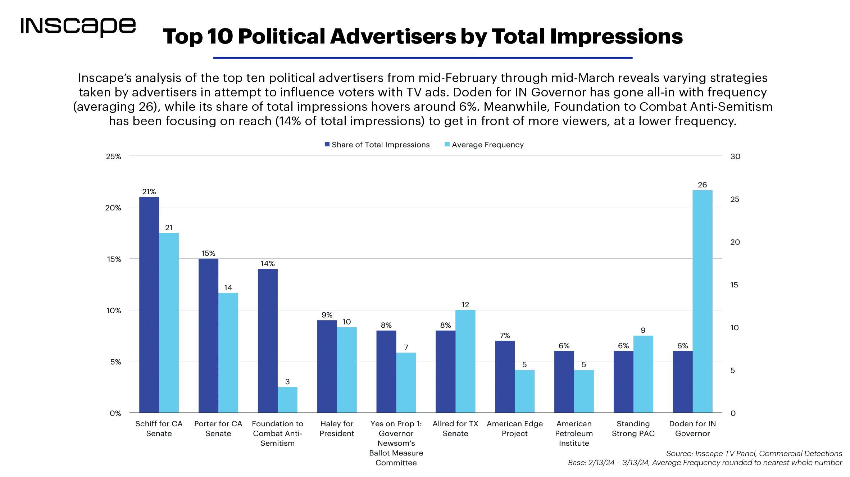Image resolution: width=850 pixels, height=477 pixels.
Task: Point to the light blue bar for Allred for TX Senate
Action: tap(465, 361)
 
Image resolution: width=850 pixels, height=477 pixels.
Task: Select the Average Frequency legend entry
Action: tap(484, 145)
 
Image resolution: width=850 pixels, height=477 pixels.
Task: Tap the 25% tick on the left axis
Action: tap(113, 156)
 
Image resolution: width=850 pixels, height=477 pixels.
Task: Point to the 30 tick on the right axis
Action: tap(735, 156)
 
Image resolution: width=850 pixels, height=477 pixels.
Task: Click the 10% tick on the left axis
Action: tap(113, 310)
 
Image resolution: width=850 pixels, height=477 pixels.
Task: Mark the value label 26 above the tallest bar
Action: tap(702, 185)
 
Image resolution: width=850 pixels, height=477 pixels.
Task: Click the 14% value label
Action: tap(267, 263)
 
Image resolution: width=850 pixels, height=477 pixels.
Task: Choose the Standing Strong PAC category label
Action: tap(633, 428)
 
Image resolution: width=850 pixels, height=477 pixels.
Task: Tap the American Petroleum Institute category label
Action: tap(574, 433)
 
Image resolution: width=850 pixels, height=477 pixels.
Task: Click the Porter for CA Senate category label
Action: tap(218, 428)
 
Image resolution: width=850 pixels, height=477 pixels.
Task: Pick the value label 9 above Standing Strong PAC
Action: tap(643, 330)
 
